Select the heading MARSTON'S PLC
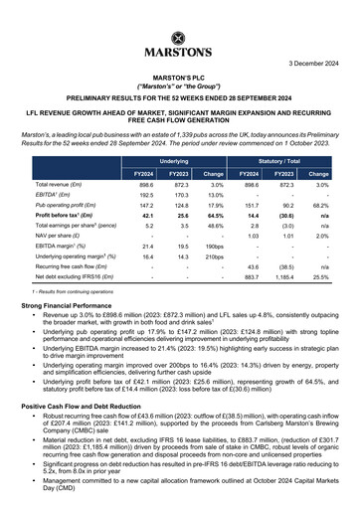[x=179, y=76]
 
